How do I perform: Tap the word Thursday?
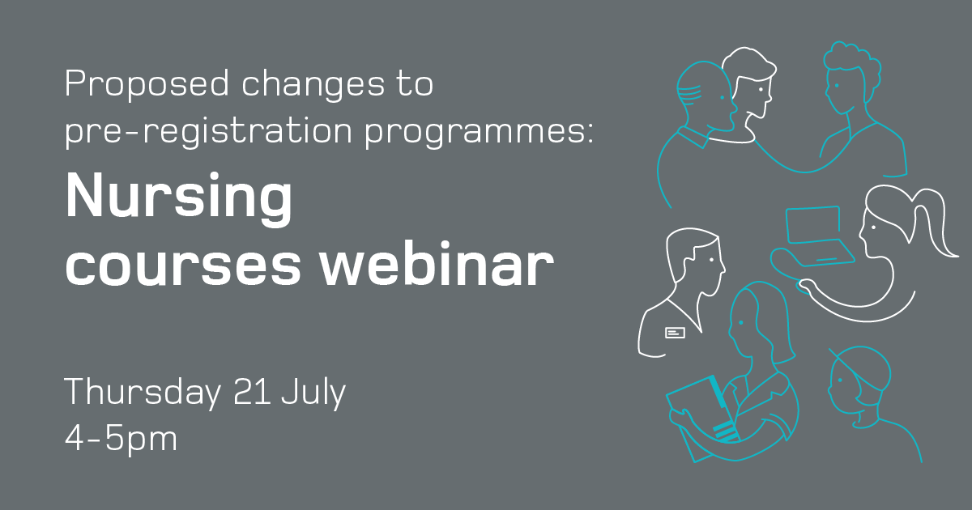[x=142, y=393]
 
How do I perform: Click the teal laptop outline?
[x=818, y=235]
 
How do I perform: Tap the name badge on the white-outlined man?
[x=675, y=332]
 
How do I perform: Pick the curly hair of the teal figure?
[x=850, y=63]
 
